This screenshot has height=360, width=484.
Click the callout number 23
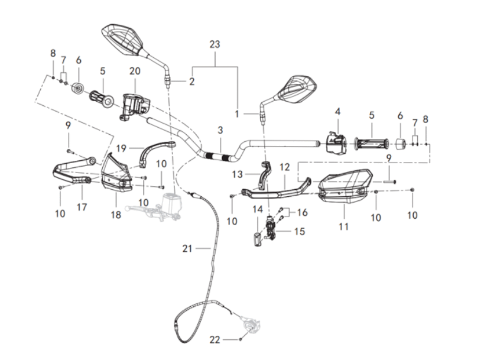[215, 44]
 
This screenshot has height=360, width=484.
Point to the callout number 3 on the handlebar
[220, 130]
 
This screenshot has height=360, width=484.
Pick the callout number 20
[135, 70]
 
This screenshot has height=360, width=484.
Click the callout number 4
[338, 111]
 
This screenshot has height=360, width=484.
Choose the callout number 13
[238, 174]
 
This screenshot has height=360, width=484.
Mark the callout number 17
[81, 207]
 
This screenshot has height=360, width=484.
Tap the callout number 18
[116, 215]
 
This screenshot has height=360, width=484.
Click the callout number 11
[344, 226]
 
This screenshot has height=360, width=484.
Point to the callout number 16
[302, 212]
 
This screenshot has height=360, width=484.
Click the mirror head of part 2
[126, 37]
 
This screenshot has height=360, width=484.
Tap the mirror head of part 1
[299, 88]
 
